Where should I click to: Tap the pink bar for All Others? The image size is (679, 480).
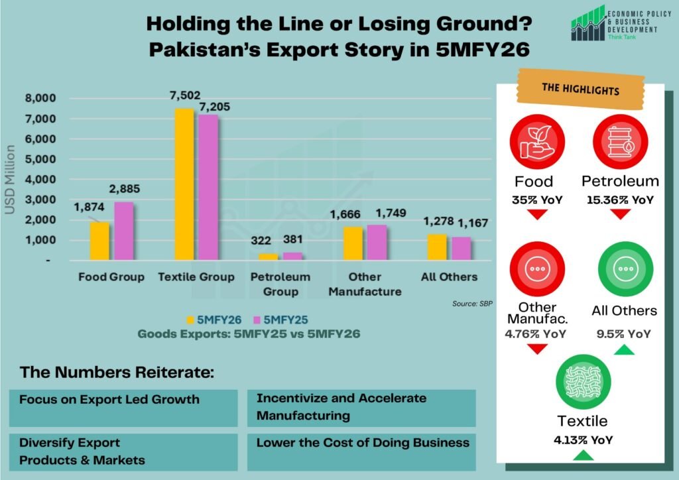click(x=461, y=249)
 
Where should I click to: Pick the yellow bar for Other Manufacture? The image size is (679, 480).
click(x=353, y=243)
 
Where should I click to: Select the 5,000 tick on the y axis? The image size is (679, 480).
click(x=42, y=160)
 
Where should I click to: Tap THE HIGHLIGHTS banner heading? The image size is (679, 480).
click(x=580, y=90)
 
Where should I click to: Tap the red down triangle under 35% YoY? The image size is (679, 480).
click(x=537, y=214)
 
